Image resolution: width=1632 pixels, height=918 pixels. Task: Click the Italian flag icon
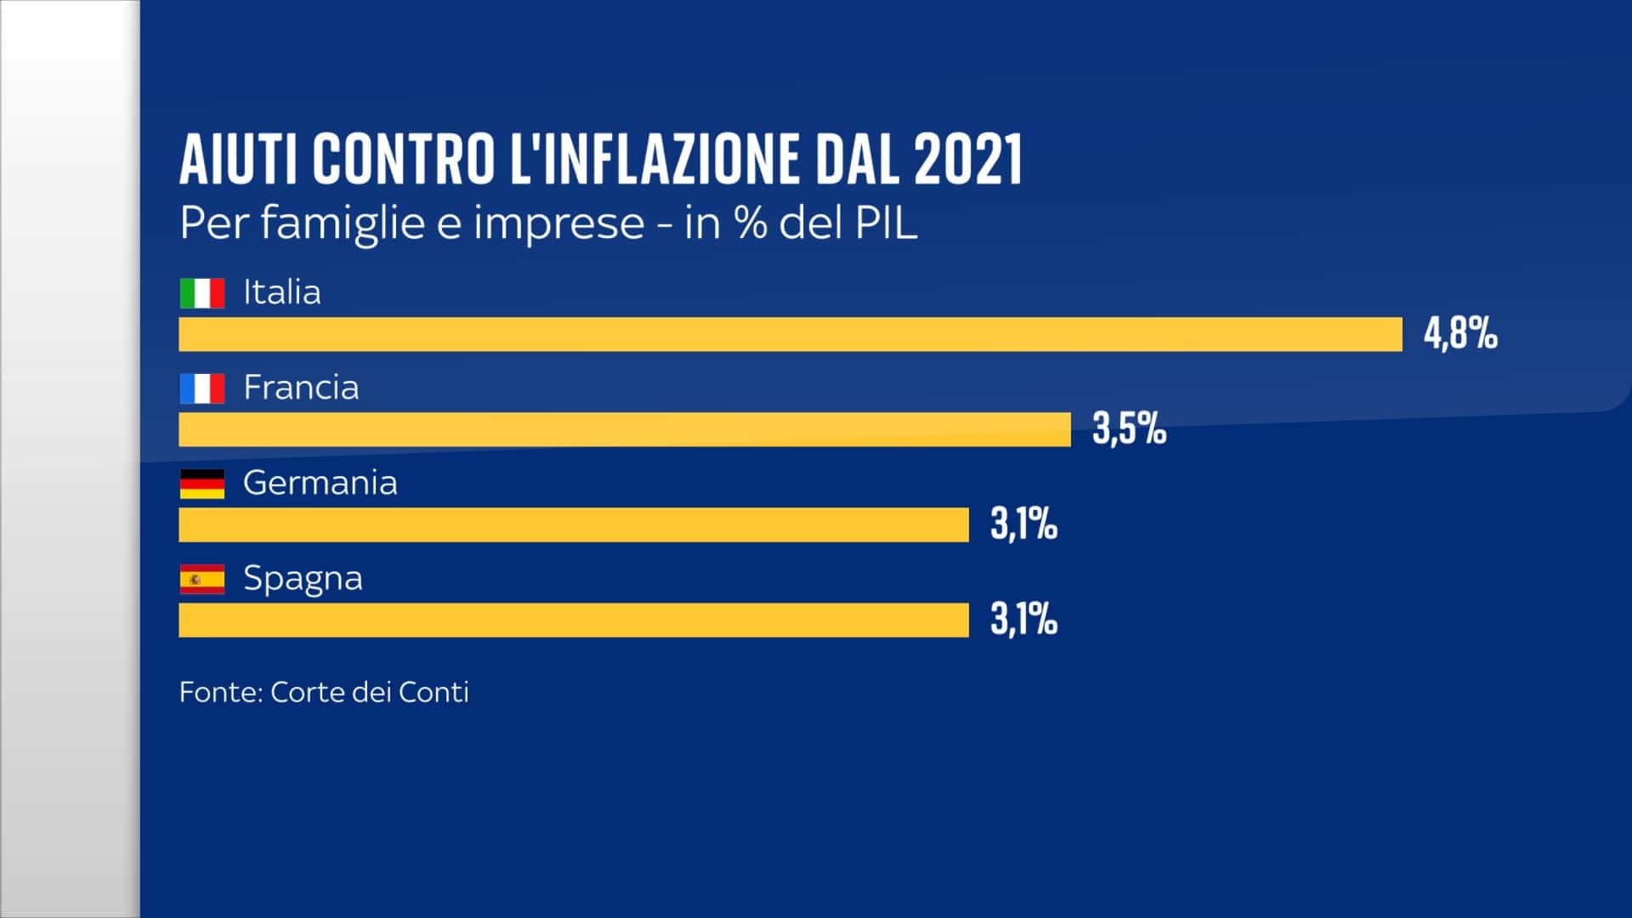202,293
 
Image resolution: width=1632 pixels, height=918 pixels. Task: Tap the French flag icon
202,388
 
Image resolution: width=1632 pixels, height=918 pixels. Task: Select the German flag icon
202,484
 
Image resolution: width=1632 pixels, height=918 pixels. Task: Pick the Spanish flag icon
202,579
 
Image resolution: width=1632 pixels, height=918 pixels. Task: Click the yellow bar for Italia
790,334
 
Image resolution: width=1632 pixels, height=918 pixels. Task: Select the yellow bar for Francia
625,429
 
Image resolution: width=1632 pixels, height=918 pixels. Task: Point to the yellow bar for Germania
574,524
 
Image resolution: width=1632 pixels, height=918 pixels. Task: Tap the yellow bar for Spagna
574,620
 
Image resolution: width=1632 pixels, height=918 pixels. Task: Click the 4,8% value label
1460,332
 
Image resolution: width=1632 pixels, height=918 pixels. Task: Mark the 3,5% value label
1129,428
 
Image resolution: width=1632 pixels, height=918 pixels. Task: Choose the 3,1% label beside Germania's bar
1023,524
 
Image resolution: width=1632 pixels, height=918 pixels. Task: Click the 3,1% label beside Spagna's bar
1023,619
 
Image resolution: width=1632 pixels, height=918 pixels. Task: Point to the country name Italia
282,292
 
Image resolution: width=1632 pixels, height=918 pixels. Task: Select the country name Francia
301,388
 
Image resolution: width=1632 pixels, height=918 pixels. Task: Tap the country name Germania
320,483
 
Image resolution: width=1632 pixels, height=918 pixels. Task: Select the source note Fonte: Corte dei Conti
324,692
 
